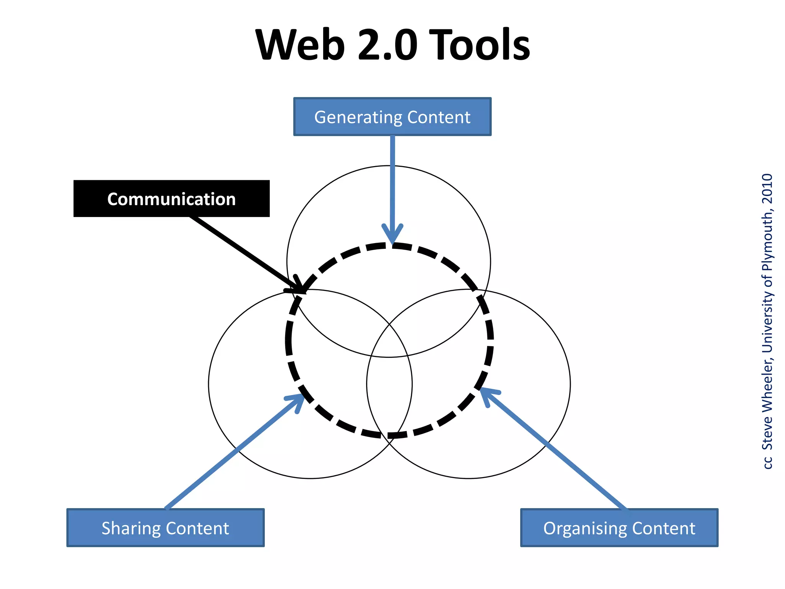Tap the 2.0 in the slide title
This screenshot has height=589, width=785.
tap(387, 45)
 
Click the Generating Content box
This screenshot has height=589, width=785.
tap(392, 117)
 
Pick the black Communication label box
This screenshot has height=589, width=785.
tap(171, 199)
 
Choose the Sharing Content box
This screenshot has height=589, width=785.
tap(165, 528)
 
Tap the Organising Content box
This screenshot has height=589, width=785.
tap(619, 528)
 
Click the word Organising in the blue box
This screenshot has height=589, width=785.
tap(585, 528)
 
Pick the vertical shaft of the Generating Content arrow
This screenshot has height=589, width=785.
tap(392, 180)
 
